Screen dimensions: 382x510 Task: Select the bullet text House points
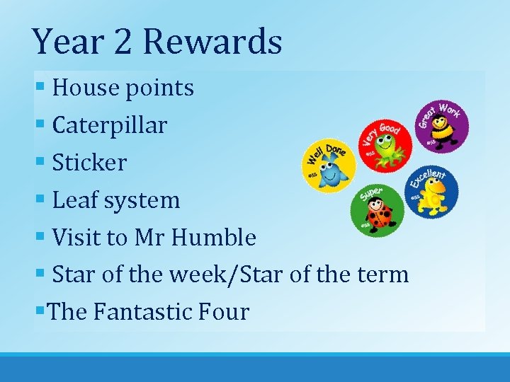[123, 88]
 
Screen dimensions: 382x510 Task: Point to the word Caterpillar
[110, 126]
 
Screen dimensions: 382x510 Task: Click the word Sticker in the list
[89, 163]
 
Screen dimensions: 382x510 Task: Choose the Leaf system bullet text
[116, 200]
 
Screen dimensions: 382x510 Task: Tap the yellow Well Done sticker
[329, 165]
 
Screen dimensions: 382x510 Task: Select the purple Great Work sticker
[441, 127]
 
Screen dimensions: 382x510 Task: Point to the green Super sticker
[378, 210]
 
